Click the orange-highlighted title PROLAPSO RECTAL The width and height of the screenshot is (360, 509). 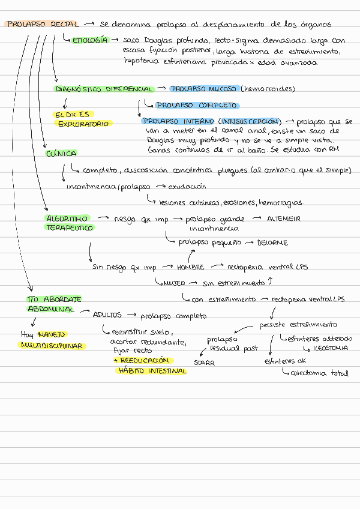pos(41,25)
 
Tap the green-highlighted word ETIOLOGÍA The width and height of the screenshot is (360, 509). pos(90,40)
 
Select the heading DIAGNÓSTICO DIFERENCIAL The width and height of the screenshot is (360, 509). pos(104,89)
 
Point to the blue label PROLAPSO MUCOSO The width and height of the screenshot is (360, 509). pos(203,89)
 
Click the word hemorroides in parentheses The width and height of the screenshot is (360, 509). pos(269,89)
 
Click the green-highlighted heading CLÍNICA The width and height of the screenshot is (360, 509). pos(61,154)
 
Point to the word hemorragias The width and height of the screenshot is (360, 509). pos(282,202)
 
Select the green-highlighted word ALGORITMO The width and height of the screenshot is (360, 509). pos(67,218)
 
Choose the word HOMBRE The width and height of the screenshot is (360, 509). pos(190,267)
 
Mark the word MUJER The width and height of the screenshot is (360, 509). pos(174,283)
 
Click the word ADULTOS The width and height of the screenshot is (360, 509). pos(107,315)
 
